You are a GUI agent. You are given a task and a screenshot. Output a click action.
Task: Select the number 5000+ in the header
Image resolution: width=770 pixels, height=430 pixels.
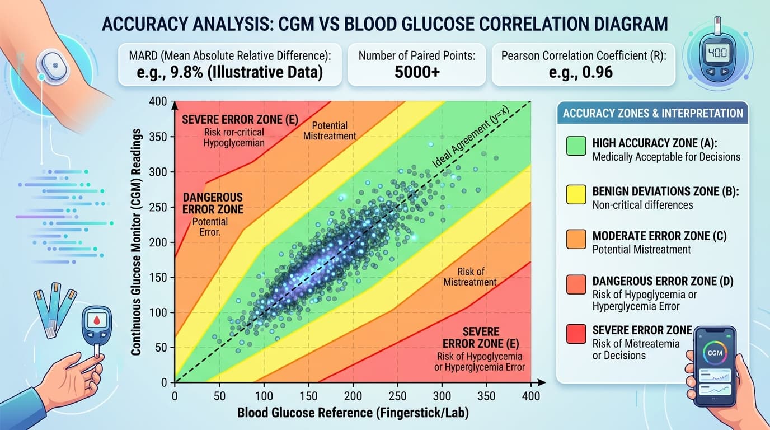pyautogui.click(x=416, y=73)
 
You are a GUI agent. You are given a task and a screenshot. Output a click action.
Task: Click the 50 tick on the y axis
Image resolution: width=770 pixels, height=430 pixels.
pyautogui.click(x=162, y=348)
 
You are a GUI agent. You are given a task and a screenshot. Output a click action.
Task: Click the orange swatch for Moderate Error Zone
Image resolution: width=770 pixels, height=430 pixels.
pyautogui.click(x=576, y=240)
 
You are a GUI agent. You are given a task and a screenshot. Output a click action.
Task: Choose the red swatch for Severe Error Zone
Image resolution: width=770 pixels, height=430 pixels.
pyautogui.click(x=576, y=335)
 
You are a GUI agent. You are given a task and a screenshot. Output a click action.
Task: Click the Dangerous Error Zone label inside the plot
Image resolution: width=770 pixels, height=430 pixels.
pyautogui.click(x=213, y=203)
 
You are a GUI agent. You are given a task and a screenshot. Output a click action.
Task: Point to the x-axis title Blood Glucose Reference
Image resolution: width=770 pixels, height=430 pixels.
pyautogui.click(x=353, y=413)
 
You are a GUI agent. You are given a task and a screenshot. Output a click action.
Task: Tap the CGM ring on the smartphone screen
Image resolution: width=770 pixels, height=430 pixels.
pyautogui.click(x=715, y=353)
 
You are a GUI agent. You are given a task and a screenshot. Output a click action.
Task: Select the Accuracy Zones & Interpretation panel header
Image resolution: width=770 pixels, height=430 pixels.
pyautogui.click(x=652, y=113)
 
